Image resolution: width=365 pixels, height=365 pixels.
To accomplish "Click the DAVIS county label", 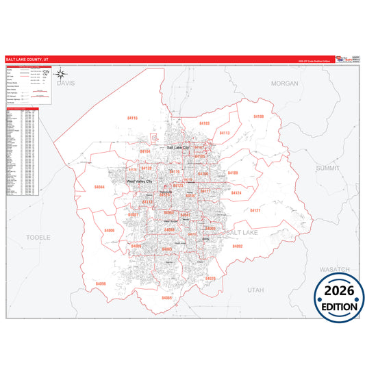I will point(65,82).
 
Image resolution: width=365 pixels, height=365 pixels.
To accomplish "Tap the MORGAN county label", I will point(285,83).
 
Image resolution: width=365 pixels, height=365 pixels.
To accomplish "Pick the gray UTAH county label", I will point(255,290).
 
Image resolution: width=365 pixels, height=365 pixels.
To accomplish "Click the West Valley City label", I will point(139,181).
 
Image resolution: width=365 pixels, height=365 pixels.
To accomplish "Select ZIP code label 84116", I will point(132,118).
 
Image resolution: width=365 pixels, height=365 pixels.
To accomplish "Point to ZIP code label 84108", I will point(258,117).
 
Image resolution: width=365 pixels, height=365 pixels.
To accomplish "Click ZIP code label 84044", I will point(100,187).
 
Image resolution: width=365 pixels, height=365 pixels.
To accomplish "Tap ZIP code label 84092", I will point(238,246).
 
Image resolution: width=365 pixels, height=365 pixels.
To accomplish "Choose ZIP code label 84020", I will point(210,279).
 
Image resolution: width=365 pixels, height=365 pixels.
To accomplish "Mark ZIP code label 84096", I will point(101,284).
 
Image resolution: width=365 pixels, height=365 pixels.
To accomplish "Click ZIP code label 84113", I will point(225,132).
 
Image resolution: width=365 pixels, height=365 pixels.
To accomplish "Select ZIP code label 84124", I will point(236,193).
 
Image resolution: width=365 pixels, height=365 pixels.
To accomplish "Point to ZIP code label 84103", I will point(204,123).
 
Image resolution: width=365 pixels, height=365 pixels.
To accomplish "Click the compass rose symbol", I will point(61,74).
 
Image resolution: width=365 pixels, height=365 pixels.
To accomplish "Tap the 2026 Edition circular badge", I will point(339,297).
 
